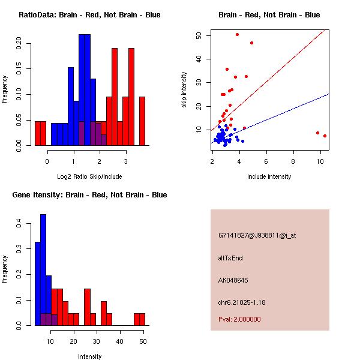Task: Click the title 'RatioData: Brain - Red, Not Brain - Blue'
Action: coord(89,15)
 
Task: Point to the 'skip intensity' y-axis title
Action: coord(185,89)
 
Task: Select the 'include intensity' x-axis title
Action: coord(269,176)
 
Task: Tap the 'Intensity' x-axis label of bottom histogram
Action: coord(89,356)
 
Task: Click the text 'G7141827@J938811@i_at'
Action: coord(257,235)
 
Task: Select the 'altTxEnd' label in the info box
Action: coord(230,258)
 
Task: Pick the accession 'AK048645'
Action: coord(233,280)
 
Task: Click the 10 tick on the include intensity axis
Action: coord(320,161)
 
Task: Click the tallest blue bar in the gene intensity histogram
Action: coord(43,270)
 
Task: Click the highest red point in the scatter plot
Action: coord(238,34)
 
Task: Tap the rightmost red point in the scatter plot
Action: coord(325,136)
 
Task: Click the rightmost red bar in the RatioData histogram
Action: coord(142,120)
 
